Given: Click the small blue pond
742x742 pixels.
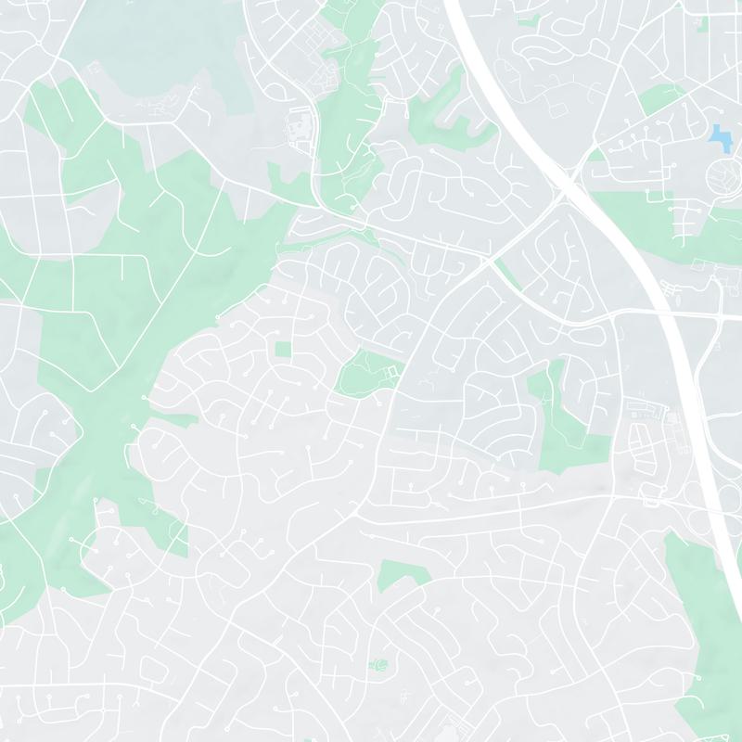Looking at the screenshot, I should click(x=719, y=136).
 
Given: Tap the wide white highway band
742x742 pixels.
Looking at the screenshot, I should click(x=649, y=260).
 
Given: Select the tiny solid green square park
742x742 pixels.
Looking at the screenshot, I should click(x=283, y=349).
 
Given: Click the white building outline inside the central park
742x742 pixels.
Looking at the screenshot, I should click(x=390, y=372).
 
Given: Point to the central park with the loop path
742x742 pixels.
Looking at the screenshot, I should click(x=364, y=373).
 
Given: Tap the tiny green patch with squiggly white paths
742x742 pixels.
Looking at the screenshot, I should click(x=377, y=664).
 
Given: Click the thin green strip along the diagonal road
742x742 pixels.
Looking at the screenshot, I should click(x=506, y=274).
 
